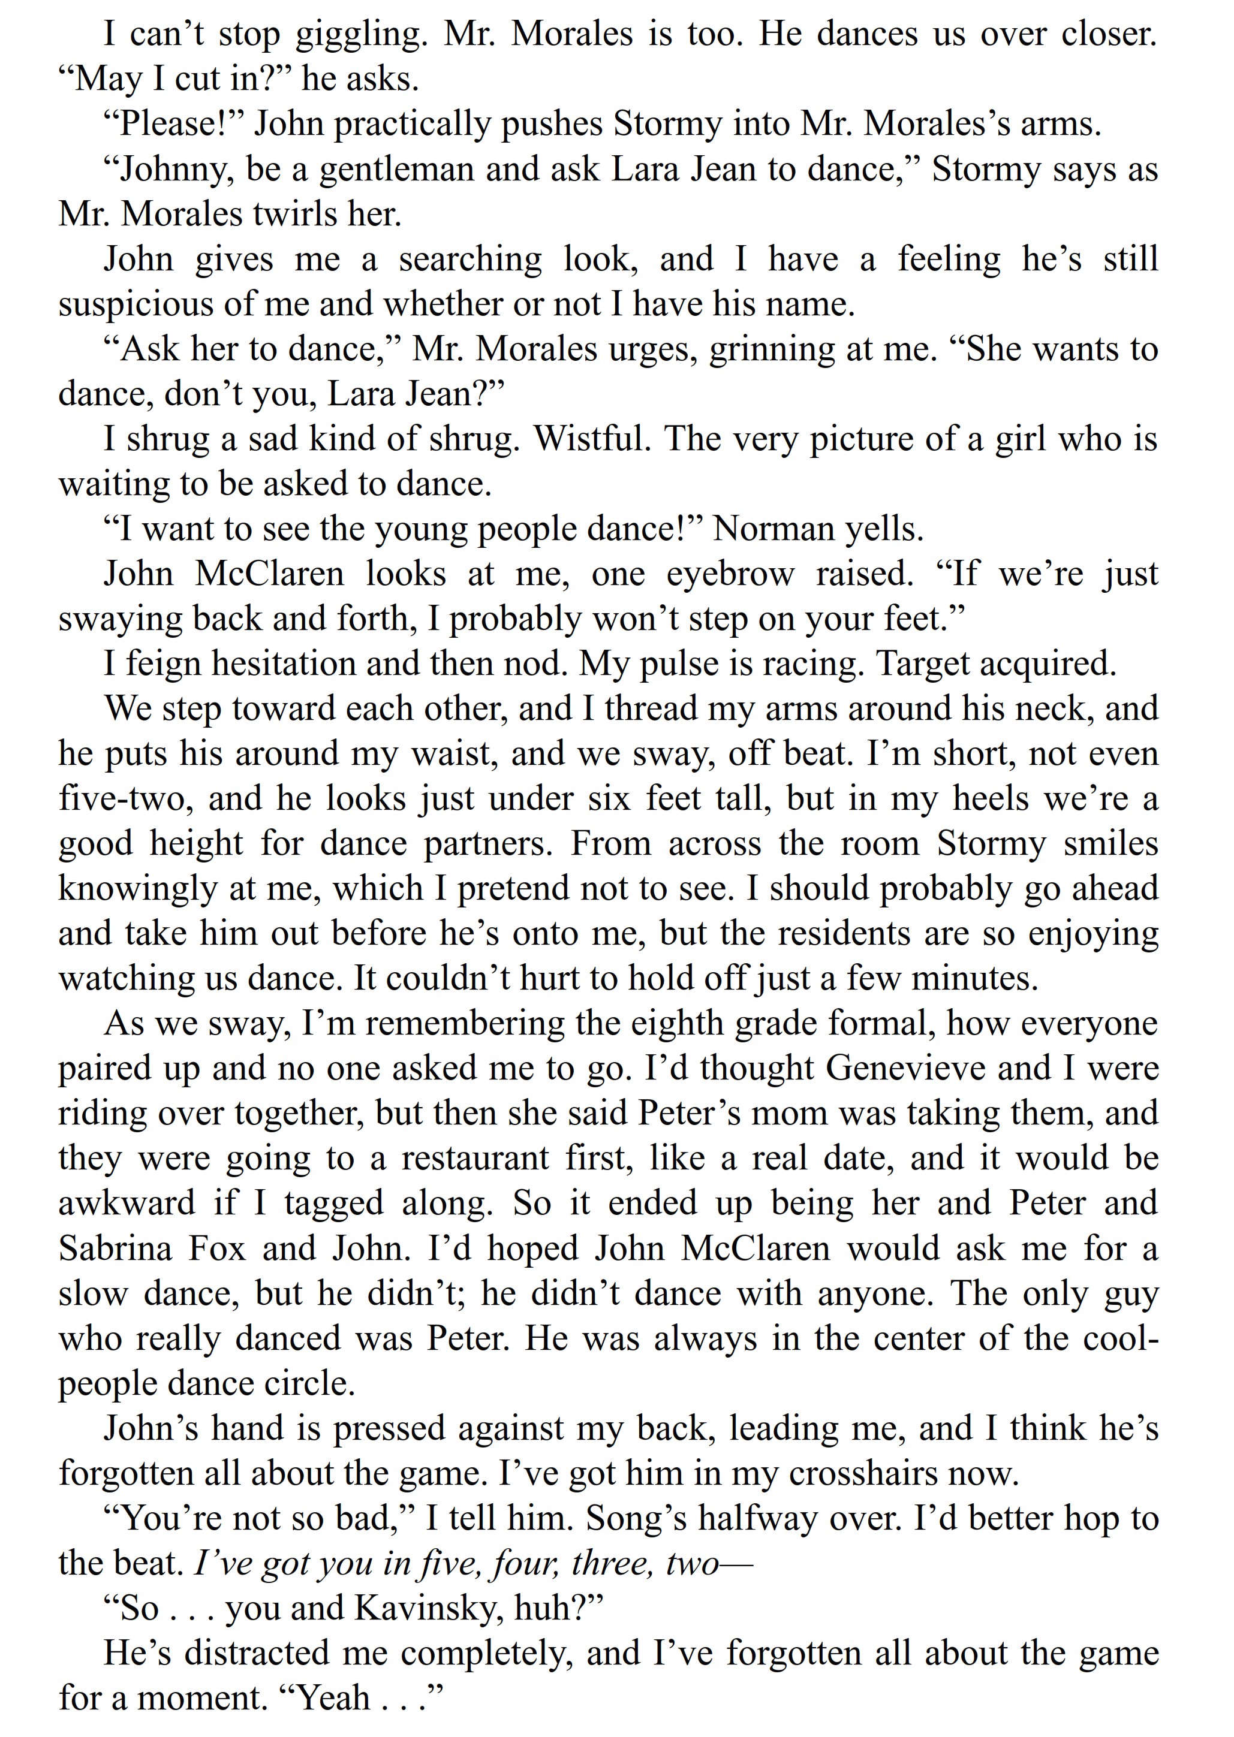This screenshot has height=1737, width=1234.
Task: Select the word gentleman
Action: pos(398,170)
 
